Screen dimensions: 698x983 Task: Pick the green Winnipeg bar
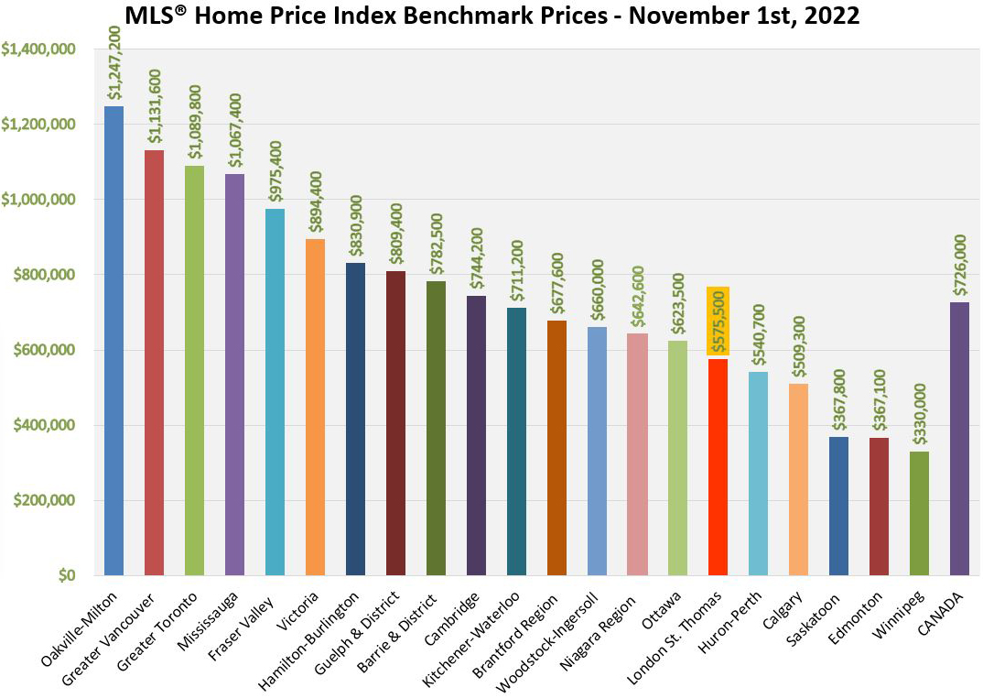pos(920,513)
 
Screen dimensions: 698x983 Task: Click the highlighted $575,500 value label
pos(718,319)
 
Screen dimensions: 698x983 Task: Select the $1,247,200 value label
pos(113,62)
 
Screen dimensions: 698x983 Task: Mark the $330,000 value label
pos(920,416)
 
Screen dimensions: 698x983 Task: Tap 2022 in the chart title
pos(832,16)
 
